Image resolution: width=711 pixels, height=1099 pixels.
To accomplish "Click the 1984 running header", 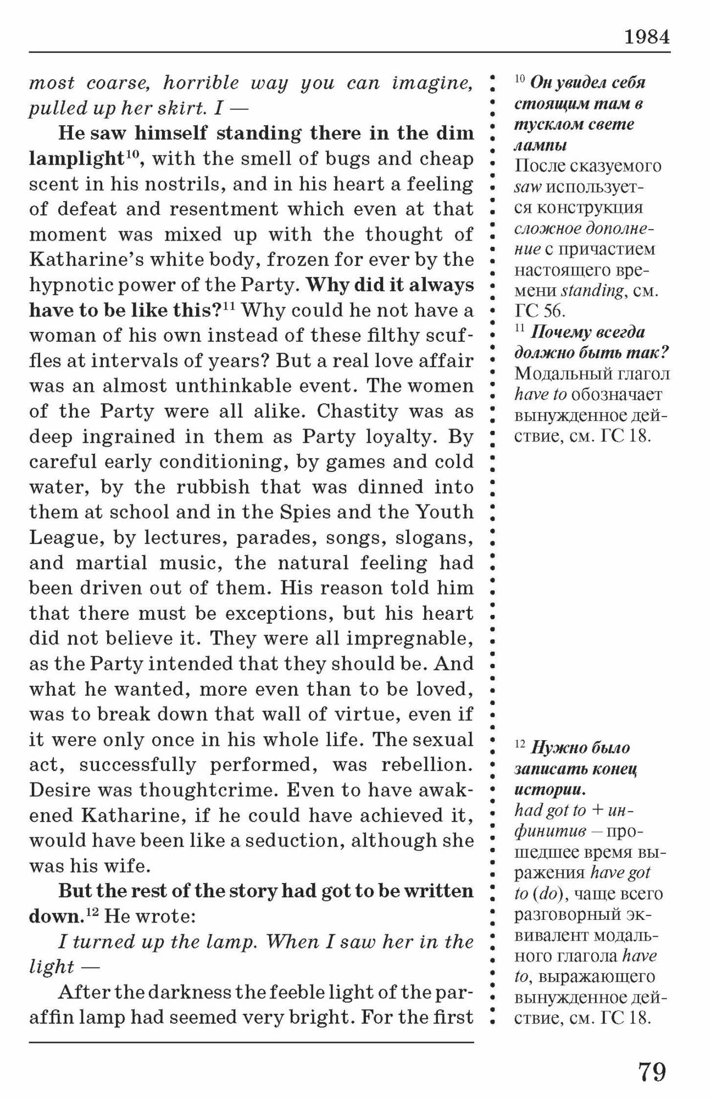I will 647,37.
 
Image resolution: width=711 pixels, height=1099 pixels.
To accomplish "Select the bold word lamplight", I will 76,158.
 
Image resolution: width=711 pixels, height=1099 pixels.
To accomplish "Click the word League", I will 62,537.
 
